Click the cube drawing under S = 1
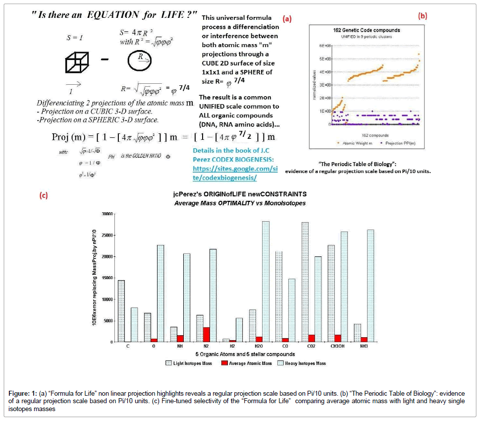click(x=76, y=63)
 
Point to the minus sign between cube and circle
click(x=106, y=61)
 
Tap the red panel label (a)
click(x=287, y=19)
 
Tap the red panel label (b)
click(x=422, y=15)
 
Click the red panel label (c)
click(x=44, y=195)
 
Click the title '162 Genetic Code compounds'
click(x=366, y=30)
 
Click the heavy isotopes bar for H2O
click(x=266, y=281)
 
